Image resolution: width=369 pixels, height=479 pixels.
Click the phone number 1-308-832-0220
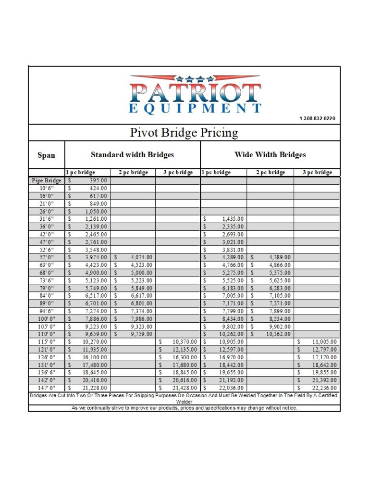(x=317, y=119)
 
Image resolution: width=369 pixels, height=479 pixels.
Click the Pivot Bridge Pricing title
(x=184, y=133)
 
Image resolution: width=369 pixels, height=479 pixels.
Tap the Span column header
(x=46, y=155)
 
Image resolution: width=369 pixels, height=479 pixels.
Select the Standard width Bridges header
(x=132, y=155)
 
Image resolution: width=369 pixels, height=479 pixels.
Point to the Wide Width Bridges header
(x=270, y=155)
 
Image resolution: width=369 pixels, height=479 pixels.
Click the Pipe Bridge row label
(x=47, y=181)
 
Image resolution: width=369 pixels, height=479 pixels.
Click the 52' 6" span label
(x=47, y=250)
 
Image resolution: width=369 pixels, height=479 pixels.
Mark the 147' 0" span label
(x=47, y=388)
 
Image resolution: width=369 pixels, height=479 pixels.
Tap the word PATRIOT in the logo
(x=195, y=93)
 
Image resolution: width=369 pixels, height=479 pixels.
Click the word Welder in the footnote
(x=184, y=402)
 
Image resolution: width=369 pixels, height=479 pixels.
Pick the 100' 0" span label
(x=47, y=319)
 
